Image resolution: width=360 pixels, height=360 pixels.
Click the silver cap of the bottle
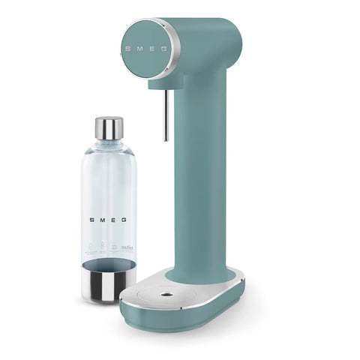coord(109,128)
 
